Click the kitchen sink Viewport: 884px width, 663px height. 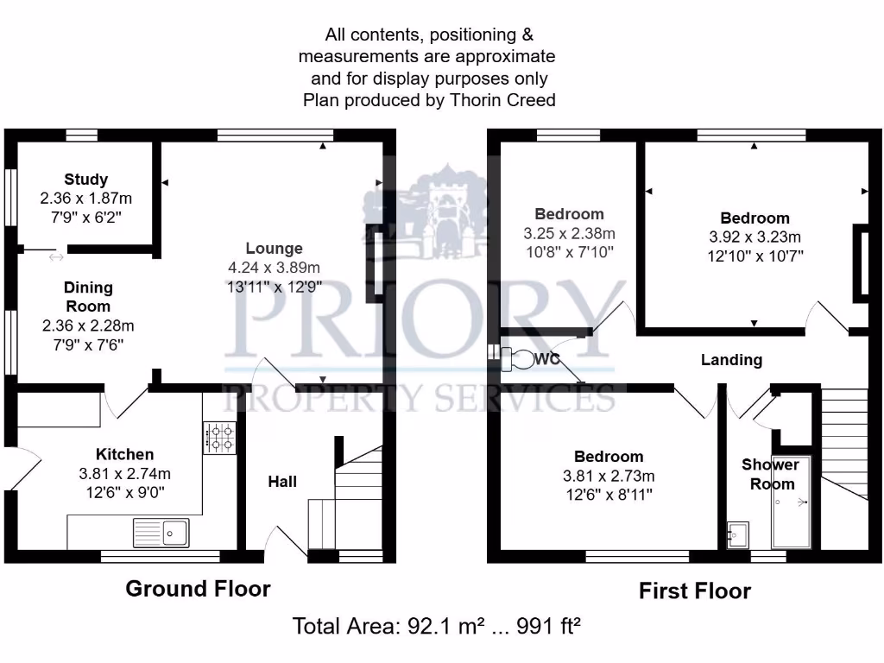coord(161,533)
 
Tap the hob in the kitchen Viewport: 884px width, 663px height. coord(219,437)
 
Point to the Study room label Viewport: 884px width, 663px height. coord(85,180)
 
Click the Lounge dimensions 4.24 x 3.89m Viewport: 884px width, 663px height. coord(274,267)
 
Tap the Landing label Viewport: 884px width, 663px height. coord(731,360)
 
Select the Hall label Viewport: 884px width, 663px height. coord(281,481)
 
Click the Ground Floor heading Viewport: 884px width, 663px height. coord(198,589)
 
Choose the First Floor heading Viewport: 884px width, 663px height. coord(694,590)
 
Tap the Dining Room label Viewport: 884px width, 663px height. coord(88,297)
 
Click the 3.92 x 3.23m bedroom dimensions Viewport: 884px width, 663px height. coord(755,237)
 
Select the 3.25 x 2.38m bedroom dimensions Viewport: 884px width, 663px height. coord(569,233)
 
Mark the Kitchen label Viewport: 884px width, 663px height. coord(124,454)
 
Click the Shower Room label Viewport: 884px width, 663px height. coord(771,474)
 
